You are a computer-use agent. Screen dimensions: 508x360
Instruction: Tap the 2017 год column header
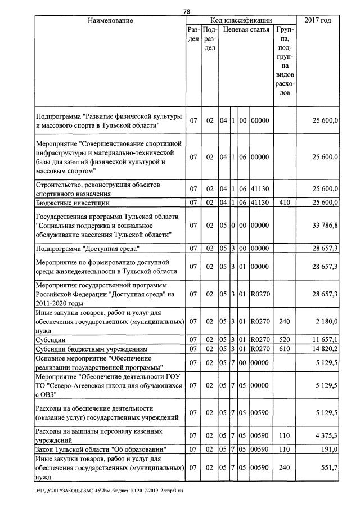coord(318,21)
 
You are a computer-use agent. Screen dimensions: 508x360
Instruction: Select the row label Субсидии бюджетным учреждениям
coord(91,349)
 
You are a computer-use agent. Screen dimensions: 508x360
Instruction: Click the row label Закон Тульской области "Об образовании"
coord(100,449)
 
